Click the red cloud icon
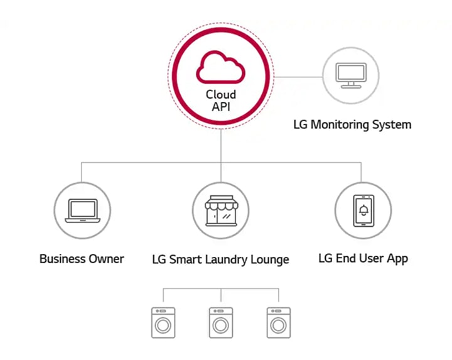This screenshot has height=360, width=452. pos(220,67)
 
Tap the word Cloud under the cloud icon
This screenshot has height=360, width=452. pos(221,94)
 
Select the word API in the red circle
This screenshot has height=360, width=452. pos(221,107)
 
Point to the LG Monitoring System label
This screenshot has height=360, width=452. pos(352,124)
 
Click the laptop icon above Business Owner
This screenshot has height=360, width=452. pos(82,210)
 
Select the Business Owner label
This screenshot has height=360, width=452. pos(82,258)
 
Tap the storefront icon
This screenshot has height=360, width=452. pos(221,210)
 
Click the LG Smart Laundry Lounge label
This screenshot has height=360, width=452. pos(220,259)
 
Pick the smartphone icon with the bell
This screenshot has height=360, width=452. pos(363,210)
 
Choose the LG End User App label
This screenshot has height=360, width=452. pos(363,258)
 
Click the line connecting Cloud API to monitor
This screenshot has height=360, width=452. pos(298,77)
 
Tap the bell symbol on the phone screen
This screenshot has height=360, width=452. pos(363,210)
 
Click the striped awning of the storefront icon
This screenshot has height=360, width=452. pos(221,202)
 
